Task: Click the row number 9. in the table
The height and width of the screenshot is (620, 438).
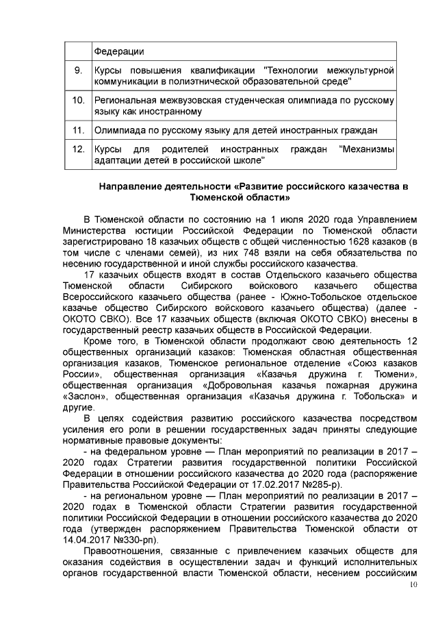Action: point(78,71)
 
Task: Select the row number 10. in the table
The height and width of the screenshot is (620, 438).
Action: point(78,100)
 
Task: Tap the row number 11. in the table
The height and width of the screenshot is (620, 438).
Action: point(78,129)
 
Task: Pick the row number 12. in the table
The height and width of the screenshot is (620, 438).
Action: point(78,149)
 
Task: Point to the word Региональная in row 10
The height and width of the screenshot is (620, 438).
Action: point(128,100)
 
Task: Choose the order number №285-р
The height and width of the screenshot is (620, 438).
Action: point(312,484)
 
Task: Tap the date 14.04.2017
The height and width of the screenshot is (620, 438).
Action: point(91,539)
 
